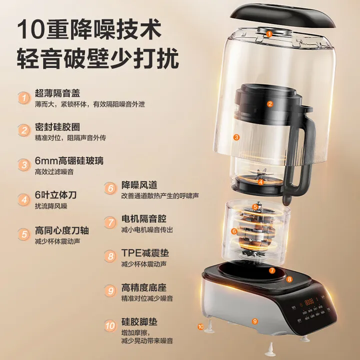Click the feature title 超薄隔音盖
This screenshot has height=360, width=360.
tap(57, 93)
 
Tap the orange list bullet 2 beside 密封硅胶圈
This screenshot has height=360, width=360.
tap(23, 130)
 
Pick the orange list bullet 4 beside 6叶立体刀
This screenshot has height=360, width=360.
tap(23, 199)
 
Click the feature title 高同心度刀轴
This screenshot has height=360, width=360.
tap(62, 230)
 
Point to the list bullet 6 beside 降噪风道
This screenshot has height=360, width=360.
tap(110, 189)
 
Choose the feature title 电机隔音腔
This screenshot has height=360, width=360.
tap(144, 219)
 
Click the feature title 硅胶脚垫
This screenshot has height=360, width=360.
tap(139, 322)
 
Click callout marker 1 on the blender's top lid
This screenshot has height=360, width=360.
tap(269, 34)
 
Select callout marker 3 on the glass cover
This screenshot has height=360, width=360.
tap(237, 136)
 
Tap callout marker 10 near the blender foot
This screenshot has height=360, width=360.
tap(201, 326)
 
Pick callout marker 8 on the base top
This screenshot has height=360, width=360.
tap(288, 280)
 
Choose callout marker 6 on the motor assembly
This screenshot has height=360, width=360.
tap(233, 231)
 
